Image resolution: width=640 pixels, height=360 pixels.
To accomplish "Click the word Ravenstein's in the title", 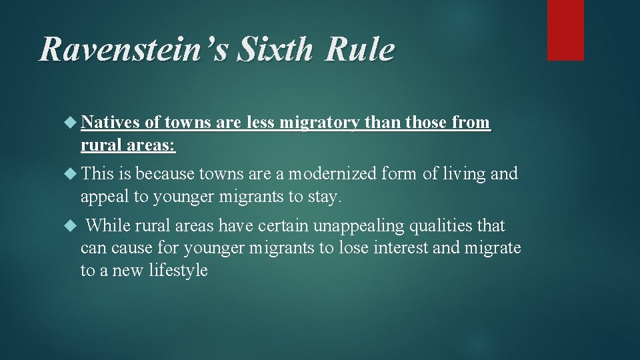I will click(x=126, y=51).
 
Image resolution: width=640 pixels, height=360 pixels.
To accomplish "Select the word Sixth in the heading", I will click(x=264, y=51).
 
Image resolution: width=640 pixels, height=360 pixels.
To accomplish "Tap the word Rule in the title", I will click(x=360, y=51).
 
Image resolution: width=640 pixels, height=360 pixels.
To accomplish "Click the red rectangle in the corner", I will click(x=565, y=30).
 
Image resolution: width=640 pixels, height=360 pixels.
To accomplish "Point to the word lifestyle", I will click(x=177, y=270).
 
